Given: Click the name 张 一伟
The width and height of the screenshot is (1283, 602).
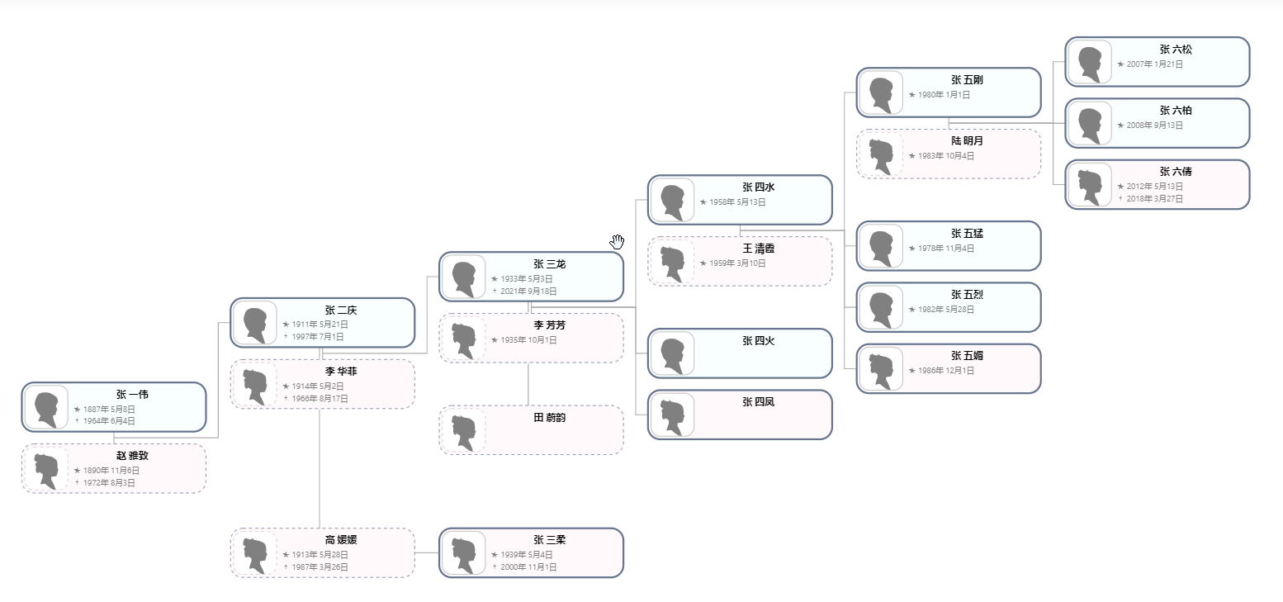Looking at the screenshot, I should pos(132,395).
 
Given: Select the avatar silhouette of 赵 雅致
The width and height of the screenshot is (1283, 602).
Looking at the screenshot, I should pos(46,469).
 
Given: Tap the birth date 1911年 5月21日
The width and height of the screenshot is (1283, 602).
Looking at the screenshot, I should pos(315,325).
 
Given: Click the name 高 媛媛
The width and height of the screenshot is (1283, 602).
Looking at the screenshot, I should pos(341,540).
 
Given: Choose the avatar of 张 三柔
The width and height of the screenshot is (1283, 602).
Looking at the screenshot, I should pos(463,553).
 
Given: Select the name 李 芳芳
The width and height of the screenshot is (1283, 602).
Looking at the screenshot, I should pos(550,325).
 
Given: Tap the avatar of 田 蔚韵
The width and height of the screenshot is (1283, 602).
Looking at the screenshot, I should pos(463,430).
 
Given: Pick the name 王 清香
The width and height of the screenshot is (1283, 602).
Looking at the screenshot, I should pos(758,249).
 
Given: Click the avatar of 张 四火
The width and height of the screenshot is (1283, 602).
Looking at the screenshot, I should pos(672,354).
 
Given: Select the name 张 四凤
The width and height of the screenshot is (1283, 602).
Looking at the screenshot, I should pos(758,402).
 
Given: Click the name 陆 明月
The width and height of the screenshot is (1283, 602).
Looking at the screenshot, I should pos(967,141).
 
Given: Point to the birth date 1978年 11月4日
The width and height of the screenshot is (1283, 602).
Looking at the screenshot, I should pos(946,249).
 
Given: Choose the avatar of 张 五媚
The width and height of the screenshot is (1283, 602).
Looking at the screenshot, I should pos(881,369).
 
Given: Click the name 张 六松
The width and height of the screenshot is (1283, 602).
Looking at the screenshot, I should pos(1176,50).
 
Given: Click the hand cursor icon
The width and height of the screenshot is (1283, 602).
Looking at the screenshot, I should pos(618,241).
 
